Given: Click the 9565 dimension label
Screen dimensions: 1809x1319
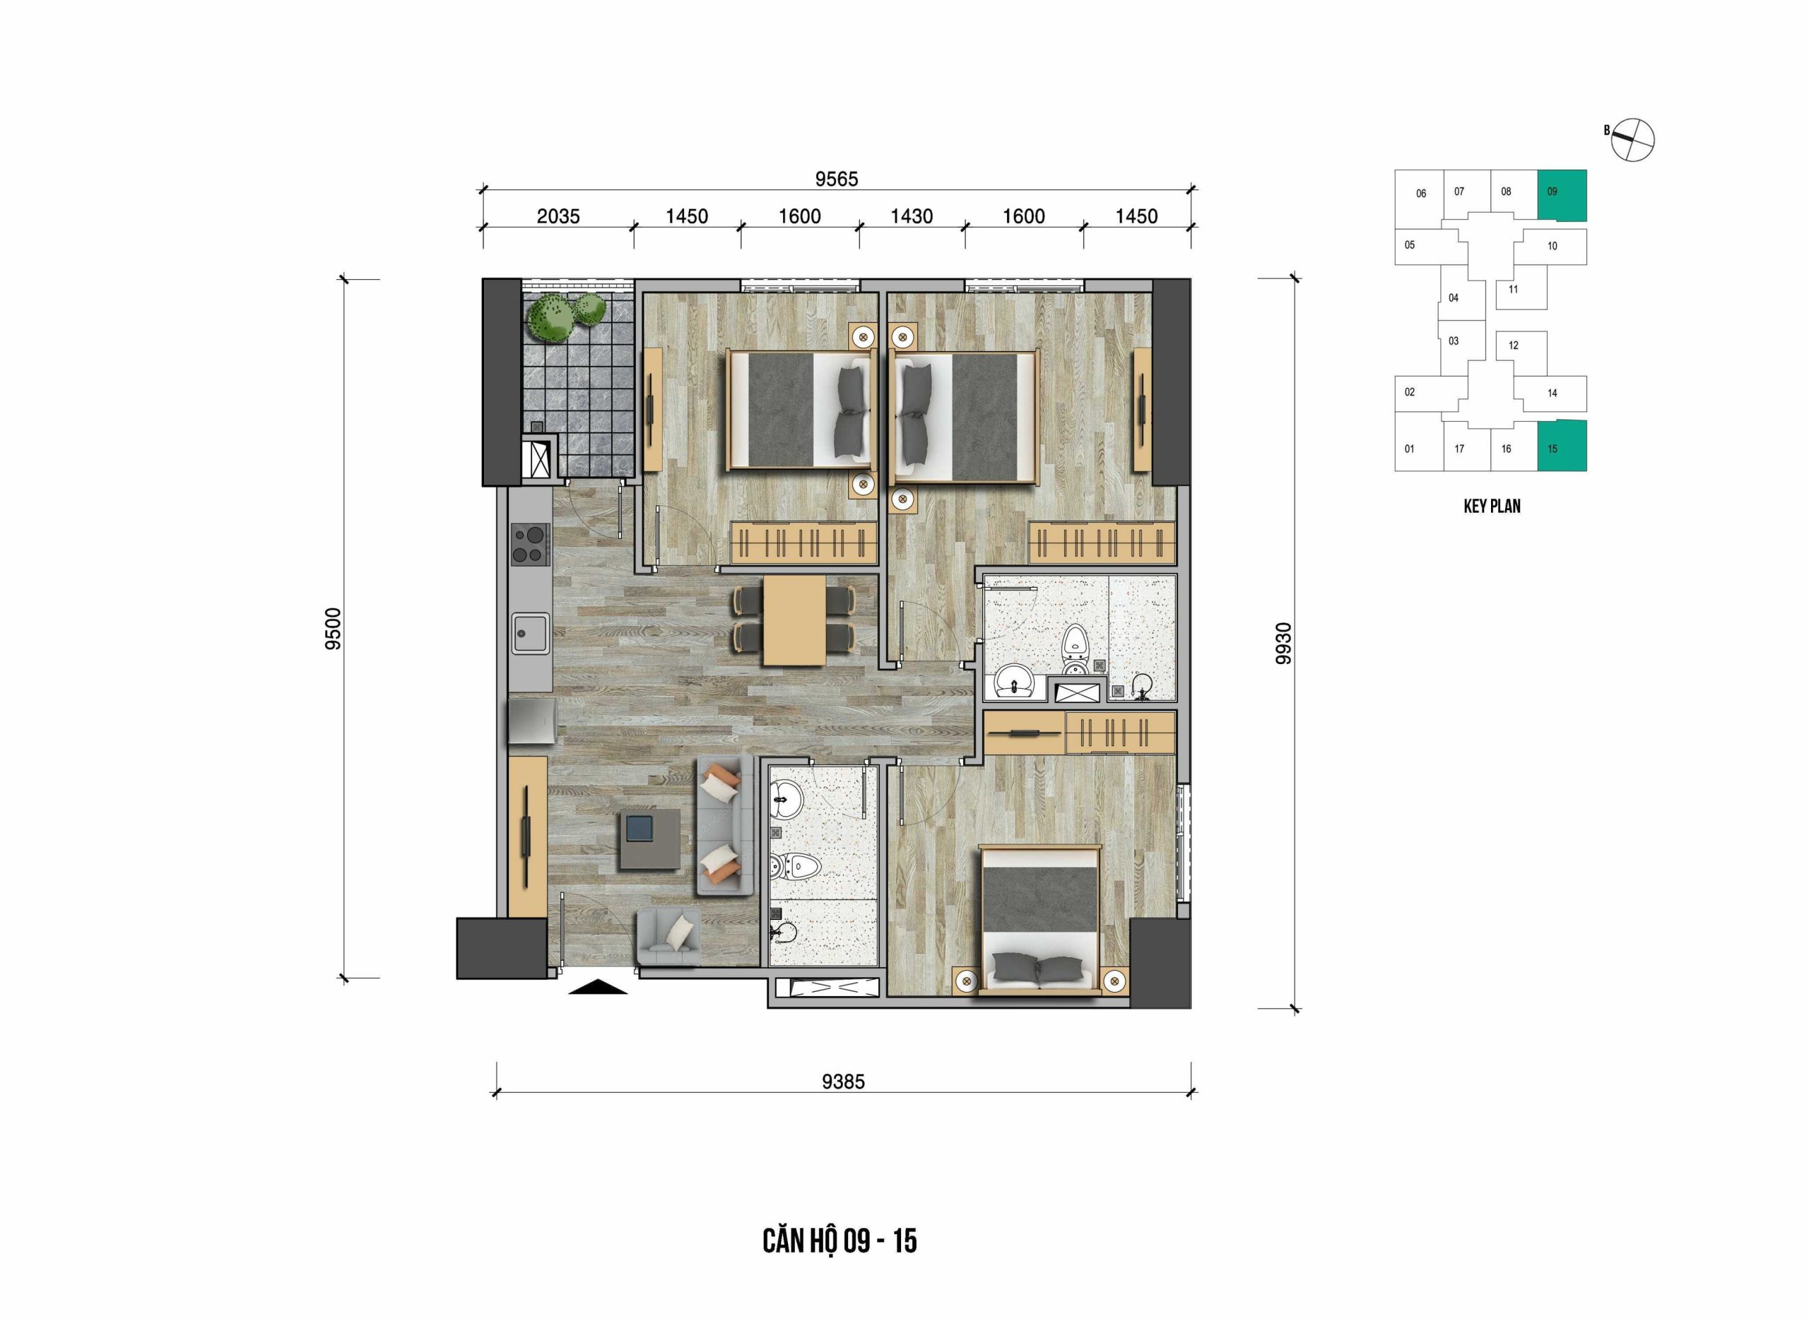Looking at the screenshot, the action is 836,179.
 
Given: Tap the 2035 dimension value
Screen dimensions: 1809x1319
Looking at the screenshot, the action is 558,216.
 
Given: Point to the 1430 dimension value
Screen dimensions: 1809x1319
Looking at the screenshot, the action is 912,216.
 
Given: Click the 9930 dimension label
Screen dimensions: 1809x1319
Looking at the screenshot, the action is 1283,644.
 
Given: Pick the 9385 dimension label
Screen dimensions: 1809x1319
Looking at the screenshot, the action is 844,1082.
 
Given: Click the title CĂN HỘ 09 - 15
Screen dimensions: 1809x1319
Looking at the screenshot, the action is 839,1241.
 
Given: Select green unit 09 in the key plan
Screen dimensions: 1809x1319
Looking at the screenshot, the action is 1562,195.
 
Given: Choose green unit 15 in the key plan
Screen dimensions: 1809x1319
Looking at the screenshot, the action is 1562,446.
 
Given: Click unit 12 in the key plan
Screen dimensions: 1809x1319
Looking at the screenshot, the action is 1521,352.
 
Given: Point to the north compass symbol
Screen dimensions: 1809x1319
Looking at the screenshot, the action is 1632,141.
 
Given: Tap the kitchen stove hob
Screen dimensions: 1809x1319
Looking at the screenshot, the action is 530,544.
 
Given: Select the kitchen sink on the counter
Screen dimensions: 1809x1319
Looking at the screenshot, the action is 530,633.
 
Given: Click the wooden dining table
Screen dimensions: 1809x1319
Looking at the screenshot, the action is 794,620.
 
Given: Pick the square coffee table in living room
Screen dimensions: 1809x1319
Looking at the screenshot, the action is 650,839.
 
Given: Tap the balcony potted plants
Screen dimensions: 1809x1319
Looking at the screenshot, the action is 565,315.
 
